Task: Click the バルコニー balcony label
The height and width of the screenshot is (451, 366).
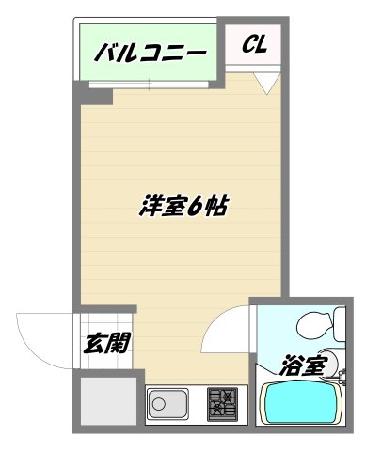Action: click(x=151, y=54)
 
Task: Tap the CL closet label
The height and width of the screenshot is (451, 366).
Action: click(x=256, y=44)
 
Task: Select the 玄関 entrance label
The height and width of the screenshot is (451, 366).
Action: click(x=103, y=344)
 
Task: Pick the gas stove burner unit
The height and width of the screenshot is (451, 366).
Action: click(x=224, y=405)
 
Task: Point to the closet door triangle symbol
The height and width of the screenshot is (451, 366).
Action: click(x=266, y=86)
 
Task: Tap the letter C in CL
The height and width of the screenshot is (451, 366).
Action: click(x=248, y=44)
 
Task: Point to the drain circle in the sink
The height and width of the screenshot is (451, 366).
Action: click(x=159, y=405)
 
